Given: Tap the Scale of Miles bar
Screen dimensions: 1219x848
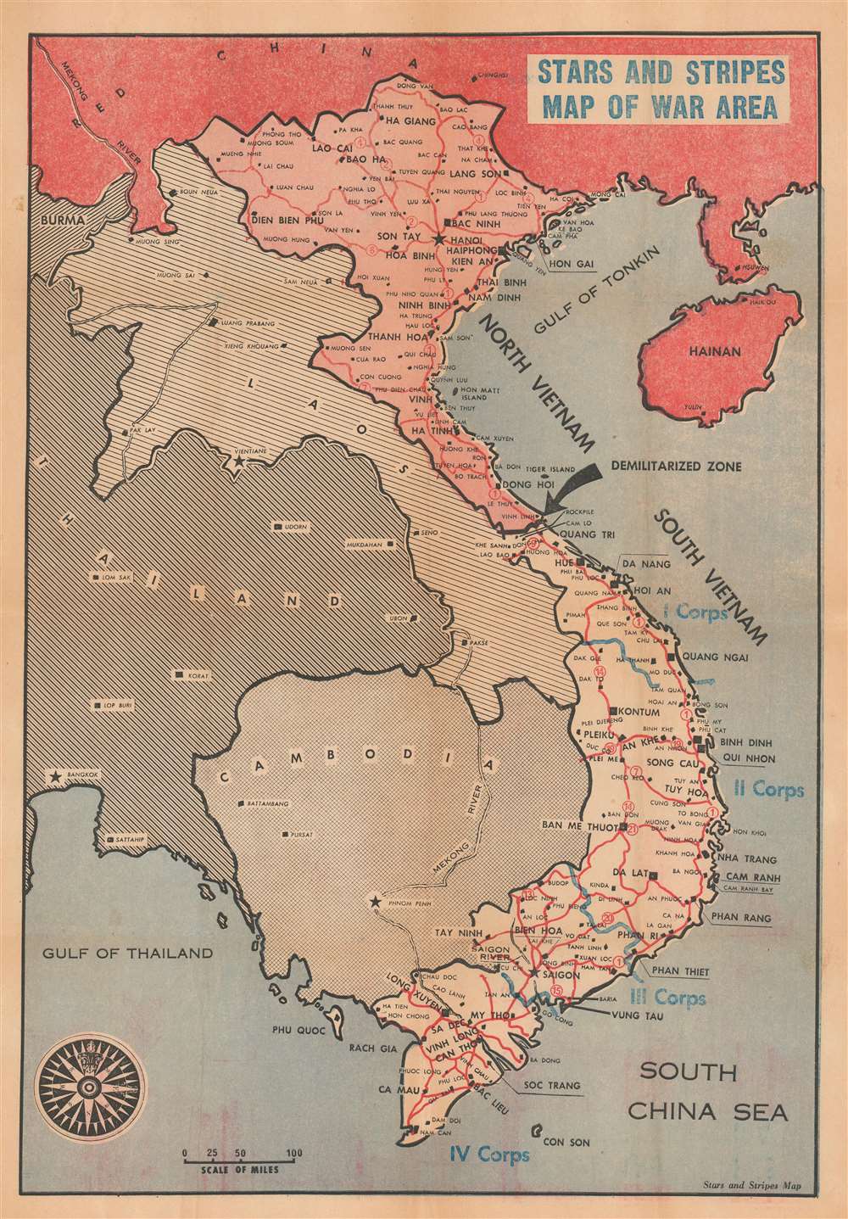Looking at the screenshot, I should [x=239, y=1155].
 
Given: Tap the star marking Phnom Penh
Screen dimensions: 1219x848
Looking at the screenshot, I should [x=375, y=902].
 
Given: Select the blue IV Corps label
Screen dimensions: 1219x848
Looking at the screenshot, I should [x=489, y=1154].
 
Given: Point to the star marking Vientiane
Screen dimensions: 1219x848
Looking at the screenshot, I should [x=238, y=463].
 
